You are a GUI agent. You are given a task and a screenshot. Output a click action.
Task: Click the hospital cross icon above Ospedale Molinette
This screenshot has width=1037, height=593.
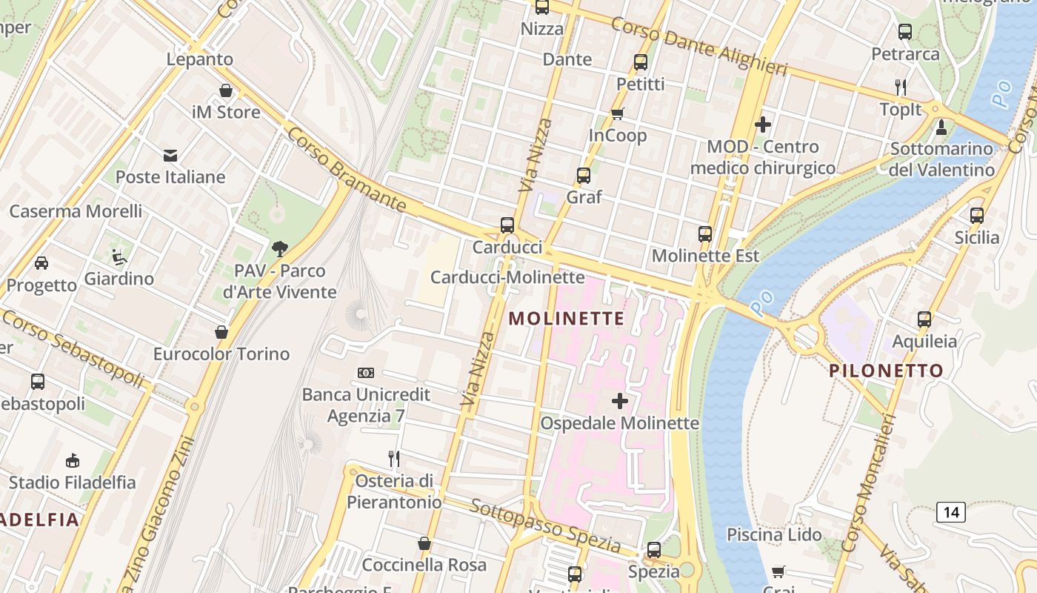(x=620, y=401)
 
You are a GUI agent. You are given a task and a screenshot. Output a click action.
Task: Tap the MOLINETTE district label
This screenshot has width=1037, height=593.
(x=567, y=319)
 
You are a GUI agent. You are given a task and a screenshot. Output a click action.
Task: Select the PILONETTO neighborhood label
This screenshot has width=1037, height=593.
(x=886, y=371)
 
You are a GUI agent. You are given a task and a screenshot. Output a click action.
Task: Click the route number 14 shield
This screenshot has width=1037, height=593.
(x=951, y=511)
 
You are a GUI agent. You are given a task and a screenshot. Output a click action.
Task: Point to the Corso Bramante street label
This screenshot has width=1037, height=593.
(x=347, y=170)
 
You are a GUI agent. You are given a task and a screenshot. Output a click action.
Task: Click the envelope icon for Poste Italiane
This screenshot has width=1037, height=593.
(x=170, y=155)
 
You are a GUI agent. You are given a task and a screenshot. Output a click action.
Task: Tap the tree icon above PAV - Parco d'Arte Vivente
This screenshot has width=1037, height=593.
(x=279, y=249)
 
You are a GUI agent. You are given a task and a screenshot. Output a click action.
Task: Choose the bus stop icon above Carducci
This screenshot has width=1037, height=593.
(x=507, y=225)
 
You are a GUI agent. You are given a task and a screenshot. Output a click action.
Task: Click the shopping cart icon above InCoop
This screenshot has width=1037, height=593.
(x=617, y=113)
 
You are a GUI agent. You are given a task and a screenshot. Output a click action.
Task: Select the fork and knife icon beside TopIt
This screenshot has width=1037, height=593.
(x=901, y=87)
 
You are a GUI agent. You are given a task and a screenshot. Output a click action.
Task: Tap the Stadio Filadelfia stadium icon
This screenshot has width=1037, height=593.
(x=72, y=461)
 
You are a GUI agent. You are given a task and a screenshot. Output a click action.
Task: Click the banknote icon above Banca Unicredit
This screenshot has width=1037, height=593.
(x=366, y=373)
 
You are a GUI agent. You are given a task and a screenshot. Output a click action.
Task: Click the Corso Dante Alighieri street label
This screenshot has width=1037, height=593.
(x=698, y=45)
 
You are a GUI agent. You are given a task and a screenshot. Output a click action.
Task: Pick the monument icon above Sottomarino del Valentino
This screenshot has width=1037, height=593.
(x=941, y=127)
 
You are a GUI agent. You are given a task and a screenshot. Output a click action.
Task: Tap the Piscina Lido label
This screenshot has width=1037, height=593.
(x=774, y=534)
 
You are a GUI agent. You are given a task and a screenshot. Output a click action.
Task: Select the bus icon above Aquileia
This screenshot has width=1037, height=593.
(x=924, y=319)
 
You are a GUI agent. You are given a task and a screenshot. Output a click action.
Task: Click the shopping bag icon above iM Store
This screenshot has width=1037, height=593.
(x=226, y=90)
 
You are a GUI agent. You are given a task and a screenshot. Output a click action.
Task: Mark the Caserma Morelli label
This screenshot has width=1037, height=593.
(x=76, y=211)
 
